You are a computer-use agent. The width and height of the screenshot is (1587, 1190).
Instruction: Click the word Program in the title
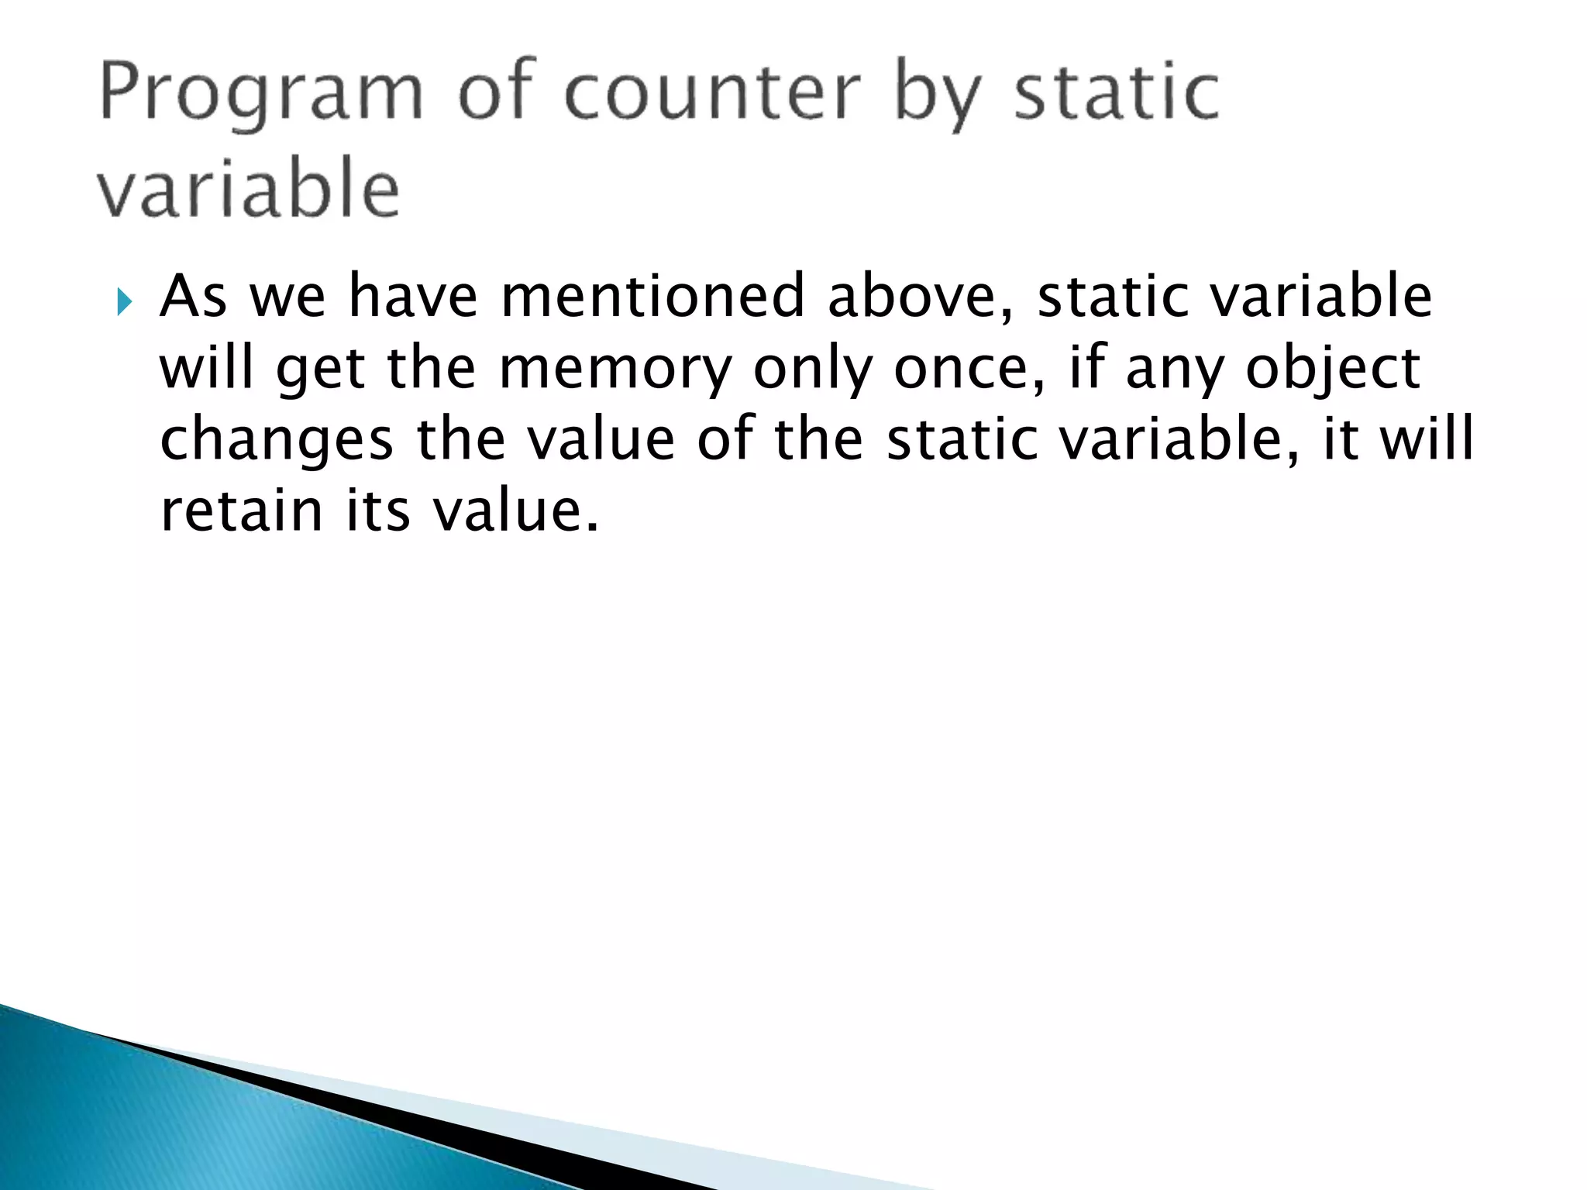260,95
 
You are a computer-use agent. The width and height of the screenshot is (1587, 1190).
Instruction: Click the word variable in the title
248,189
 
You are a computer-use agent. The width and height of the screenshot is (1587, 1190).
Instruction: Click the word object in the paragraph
1333,369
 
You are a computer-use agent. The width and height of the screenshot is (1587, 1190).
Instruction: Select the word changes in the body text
276,440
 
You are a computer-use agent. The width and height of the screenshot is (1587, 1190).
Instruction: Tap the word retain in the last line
241,511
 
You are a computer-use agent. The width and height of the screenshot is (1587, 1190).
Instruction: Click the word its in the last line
377,511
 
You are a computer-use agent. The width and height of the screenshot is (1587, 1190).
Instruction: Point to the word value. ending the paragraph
515,511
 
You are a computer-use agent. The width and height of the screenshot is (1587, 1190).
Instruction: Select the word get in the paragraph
320,370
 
